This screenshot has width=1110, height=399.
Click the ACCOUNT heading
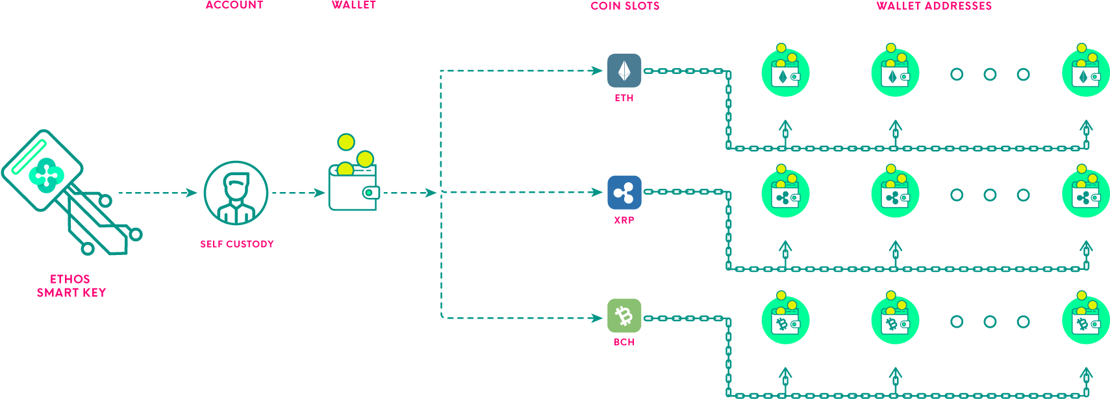[x=234, y=5]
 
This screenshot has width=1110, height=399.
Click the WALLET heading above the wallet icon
[x=353, y=5]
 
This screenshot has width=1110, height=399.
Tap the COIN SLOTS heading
[x=625, y=6]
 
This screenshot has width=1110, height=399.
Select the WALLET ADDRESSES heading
[x=933, y=6]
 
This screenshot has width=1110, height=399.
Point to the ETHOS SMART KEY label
[x=71, y=286]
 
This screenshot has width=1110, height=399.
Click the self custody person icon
[x=236, y=193]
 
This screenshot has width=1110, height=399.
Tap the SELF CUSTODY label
[x=236, y=244]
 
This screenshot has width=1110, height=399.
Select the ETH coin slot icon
[x=624, y=71]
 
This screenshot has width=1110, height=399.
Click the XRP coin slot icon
[x=624, y=193]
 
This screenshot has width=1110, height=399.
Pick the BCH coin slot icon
[x=624, y=316]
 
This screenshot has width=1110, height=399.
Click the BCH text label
[x=624, y=342]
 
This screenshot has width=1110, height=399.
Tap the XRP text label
[x=624, y=221]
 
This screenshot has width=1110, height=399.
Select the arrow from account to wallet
[x=298, y=193]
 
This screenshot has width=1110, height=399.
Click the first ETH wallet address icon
[x=785, y=72]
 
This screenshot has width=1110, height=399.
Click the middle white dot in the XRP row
[x=990, y=195]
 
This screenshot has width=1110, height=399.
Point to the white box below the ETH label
[x=622, y=112]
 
